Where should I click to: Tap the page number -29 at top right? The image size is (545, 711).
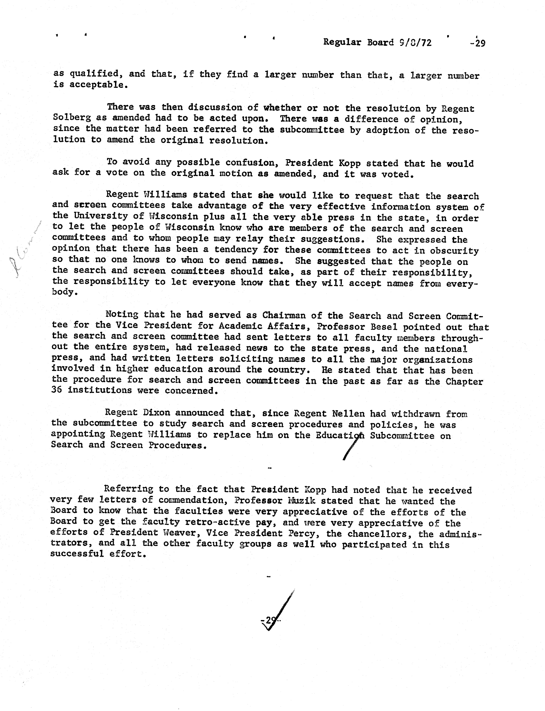(478, 43)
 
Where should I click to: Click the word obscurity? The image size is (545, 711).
(454, 251)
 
